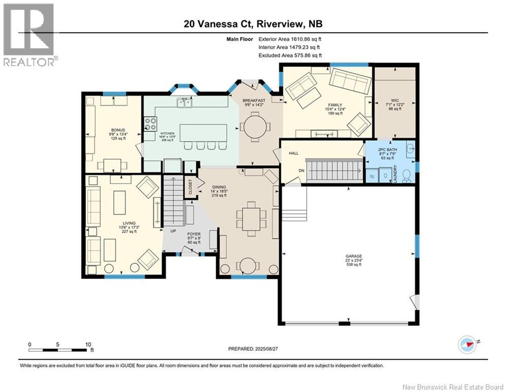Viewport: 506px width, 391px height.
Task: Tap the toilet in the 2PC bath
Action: pyautogui.click(x=406, y=175)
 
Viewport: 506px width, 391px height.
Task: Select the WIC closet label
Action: pyautogui.click(x=395, y=101)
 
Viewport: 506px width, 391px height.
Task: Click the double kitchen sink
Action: pyautogui.click(x=184, y=104)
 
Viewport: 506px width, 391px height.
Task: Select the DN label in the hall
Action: pyautogui.click(x=301, y=171)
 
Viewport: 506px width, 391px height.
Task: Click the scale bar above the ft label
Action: pyautogui.click(x=57, y=350)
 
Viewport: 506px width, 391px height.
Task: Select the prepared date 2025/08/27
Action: pyautogui.click(x=253, y=349)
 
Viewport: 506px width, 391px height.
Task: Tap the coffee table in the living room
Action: pyautogui.click(x=120, y=203)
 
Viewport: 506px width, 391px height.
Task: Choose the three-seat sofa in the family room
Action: pyautogui.click(x=350, y=81)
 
